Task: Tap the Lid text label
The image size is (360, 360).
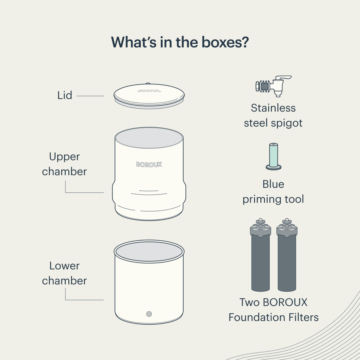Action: click(x=65, y=95)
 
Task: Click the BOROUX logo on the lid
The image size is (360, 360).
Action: click(x=149, y=90)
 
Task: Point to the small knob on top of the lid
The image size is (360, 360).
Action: click(x=148, y=84)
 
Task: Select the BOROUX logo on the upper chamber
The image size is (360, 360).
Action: click(x=149, y=164)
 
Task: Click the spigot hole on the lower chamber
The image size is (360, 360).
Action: click(x=149, y=314)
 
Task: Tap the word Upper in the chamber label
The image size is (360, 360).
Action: click(x=64, y=157)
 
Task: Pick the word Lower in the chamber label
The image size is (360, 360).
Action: click(x=64, y=266)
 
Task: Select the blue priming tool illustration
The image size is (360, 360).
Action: click(x=274, y=156)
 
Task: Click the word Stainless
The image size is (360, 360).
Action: click(x=273, y=108)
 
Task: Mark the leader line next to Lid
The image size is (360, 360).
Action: click(x=90, y=96)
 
